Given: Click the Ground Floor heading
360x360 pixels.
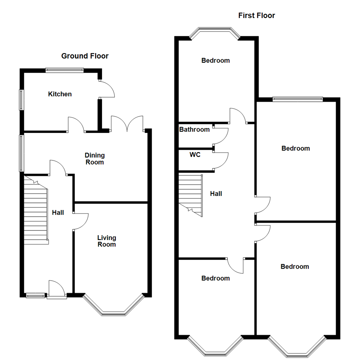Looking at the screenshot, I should coord(85,56).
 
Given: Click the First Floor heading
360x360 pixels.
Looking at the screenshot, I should coord(256,15).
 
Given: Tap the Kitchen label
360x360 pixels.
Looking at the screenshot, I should coord(60,94).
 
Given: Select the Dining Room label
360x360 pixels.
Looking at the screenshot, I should coord(94,159).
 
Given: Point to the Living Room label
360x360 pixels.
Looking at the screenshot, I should coord(107,241).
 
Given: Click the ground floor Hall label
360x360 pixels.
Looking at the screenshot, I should coord(58,212).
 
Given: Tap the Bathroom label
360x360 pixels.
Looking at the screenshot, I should coord(194,129).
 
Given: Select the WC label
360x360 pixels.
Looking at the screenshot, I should coord(195,155).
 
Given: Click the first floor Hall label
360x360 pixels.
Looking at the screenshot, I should coord(216,193).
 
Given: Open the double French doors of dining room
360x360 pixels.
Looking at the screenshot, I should coord(127,123).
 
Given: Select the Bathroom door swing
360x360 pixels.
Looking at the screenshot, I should coord(221,136).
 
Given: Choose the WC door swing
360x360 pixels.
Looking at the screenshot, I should coord(221,161).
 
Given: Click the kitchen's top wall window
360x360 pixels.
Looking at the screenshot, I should coord(65,70).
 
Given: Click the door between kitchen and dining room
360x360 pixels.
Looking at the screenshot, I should coord(76,125).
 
